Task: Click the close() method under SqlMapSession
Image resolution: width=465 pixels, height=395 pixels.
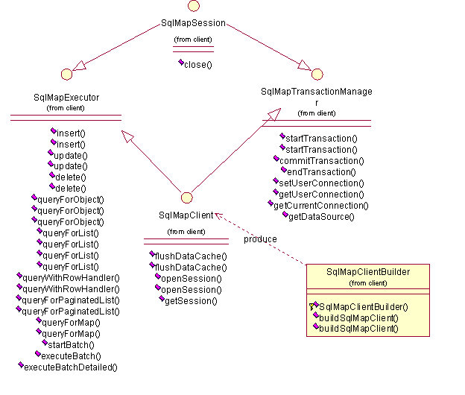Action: [x=197, y=65]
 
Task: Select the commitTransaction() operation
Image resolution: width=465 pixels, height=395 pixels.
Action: [x=321, y=160]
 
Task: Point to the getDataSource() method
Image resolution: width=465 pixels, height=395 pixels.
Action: [x=320, y=216]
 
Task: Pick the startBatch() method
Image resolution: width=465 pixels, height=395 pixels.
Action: [x=70, y=344]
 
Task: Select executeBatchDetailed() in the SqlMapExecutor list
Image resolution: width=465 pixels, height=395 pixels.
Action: [x=71, y=367]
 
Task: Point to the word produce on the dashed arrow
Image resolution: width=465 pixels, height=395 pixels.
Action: [x=260, y=239]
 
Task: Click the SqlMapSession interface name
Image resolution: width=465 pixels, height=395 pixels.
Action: [x=194, y=24]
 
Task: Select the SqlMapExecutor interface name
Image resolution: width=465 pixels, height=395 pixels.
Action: [x=66, y=98]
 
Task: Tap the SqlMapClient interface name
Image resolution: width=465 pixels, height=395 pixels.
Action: [x=186, y=215]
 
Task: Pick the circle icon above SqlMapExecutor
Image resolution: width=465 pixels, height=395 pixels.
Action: [x=66, y=74]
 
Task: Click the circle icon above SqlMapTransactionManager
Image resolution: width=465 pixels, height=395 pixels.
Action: [x=317, y=74]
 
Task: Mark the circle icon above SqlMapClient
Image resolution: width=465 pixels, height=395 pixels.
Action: [x=187, y=197]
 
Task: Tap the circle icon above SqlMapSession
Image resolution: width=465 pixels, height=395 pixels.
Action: [x=194, y=5]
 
